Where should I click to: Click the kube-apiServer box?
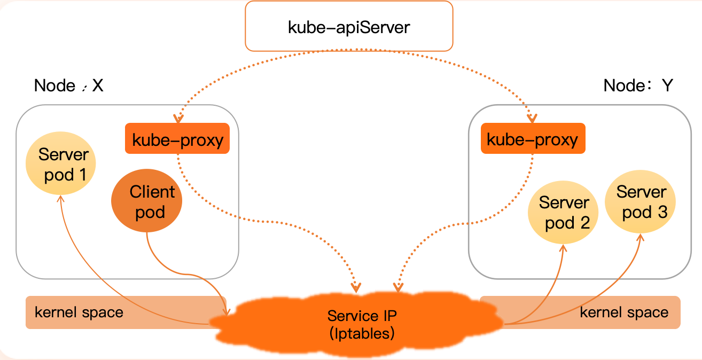(348, 27)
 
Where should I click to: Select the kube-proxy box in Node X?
(177, 139)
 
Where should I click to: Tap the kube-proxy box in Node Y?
(533, 139)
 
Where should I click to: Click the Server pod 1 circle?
(61, 165)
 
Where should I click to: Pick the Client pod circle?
(147, 201)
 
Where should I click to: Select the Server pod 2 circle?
(563, 212)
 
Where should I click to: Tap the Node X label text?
(68, 85)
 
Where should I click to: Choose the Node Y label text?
(638, 85)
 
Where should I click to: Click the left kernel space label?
(79, 312)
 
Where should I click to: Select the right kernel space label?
(624, 312)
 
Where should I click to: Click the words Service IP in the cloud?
(362, 315)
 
